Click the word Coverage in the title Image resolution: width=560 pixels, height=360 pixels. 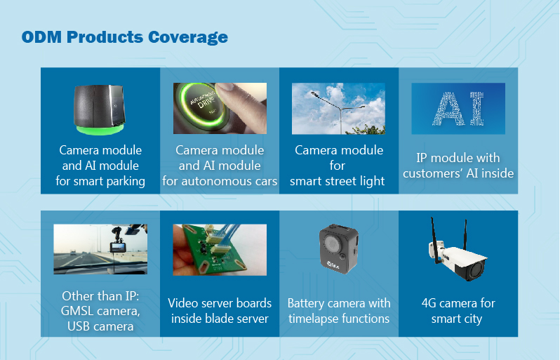(187, 37)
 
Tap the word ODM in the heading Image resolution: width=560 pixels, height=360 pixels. (41, 36)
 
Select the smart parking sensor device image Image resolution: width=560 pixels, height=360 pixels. (100, 109)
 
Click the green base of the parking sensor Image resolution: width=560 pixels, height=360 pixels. (100, 129)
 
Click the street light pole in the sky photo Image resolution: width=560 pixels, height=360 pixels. (339, 111)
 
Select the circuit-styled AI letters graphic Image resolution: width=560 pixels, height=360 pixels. (458, 109)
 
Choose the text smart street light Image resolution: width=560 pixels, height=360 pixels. (337, 182)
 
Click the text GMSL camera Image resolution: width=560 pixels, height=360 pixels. (100, 311)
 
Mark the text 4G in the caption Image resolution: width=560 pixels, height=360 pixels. (429, 303)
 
